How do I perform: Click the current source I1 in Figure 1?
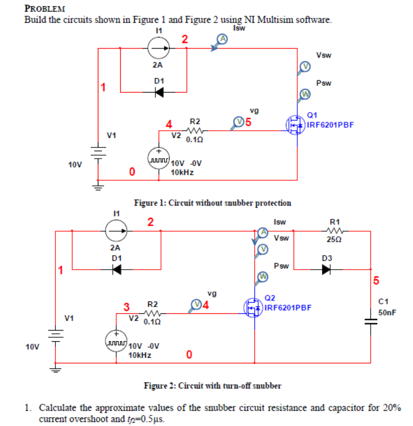[158, 49]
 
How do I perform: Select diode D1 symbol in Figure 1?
[159, 91]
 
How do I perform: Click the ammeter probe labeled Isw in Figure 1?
[222, 40]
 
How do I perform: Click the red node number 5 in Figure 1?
[249, 122]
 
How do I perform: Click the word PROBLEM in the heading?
[45, 8]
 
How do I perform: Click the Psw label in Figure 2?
[283, 266]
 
